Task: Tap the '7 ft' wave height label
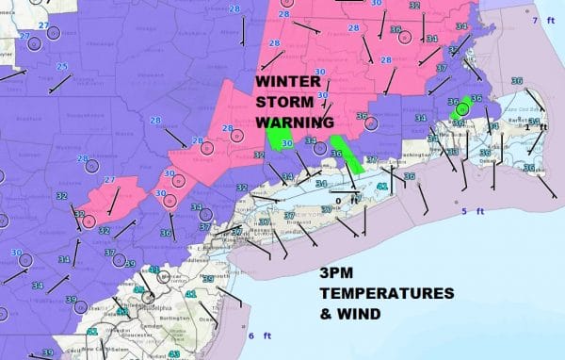tap(541, 21)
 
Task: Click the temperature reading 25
tap(61, 67)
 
